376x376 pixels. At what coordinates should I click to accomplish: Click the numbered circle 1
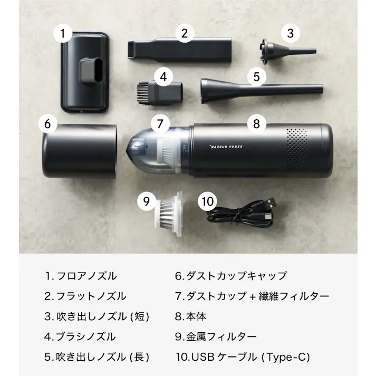click(63, 34)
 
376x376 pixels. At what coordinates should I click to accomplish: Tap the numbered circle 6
click(48, 124)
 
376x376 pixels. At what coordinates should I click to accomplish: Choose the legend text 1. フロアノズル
click(81, 276)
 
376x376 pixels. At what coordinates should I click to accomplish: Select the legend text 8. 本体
click(190, 316)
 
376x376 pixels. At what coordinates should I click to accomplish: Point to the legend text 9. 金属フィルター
click(216, 336)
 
